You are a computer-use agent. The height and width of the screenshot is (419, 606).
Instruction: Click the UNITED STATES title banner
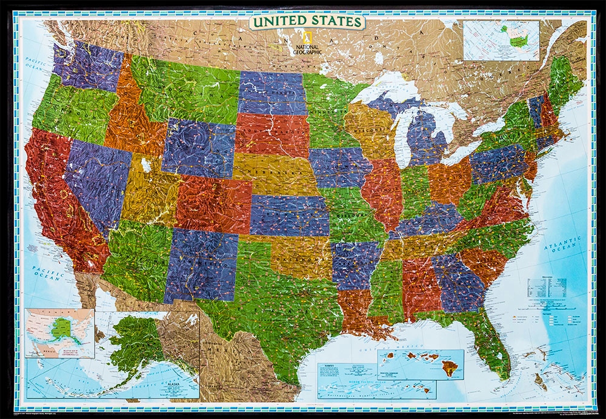tap(307, 22)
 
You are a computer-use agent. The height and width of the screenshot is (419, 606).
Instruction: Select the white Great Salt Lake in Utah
tap(146, 165)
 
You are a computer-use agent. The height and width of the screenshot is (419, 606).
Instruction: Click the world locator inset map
tap(501, 40)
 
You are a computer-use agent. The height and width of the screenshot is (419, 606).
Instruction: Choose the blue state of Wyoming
tap(198, 147)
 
